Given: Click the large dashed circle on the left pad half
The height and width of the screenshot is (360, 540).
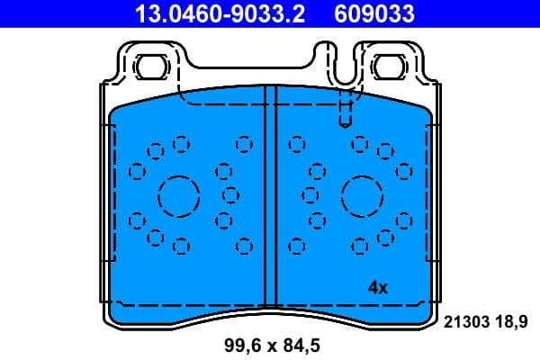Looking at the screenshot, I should (x=178, y=194).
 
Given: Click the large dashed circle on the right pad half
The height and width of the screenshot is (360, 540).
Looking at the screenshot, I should (x=363, y=194).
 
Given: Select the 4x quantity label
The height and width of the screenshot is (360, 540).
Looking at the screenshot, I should (x=378, y=288).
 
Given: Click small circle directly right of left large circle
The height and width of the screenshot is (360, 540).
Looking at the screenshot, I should (x=230, y=193).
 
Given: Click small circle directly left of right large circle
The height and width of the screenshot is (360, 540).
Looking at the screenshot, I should (x=310, y=193).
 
